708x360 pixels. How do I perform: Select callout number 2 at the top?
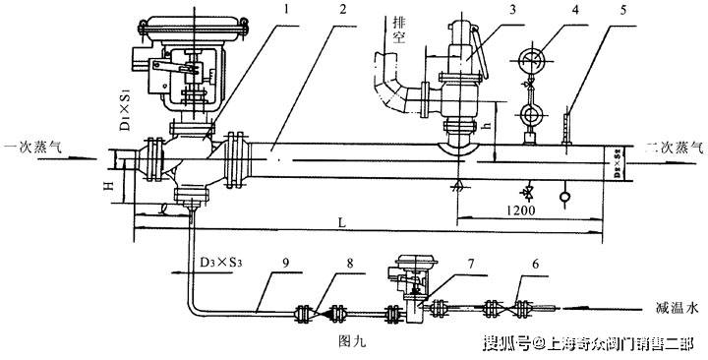click(x=341, y=10)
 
